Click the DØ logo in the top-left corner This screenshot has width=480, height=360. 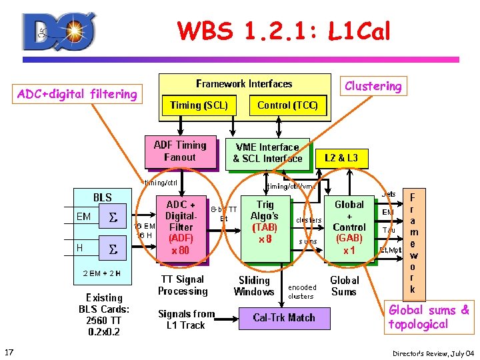click(59, 31)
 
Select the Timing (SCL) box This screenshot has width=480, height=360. click(199, 105)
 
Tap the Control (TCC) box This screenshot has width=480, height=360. click(287, 105)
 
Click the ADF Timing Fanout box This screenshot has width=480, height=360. click(180, 151)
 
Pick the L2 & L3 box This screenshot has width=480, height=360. click(341, 158)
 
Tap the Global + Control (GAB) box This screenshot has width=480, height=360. click(349, 227)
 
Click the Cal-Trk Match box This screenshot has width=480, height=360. click(284, 317)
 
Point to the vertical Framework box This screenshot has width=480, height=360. click(413, 243)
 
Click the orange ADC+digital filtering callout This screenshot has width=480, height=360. click(77, 94)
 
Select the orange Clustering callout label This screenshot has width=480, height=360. click(373, 86)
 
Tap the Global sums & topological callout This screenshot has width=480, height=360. click(429, 317)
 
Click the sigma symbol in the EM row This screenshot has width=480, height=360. click(113, 217)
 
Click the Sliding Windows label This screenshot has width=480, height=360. click(254, 285)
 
